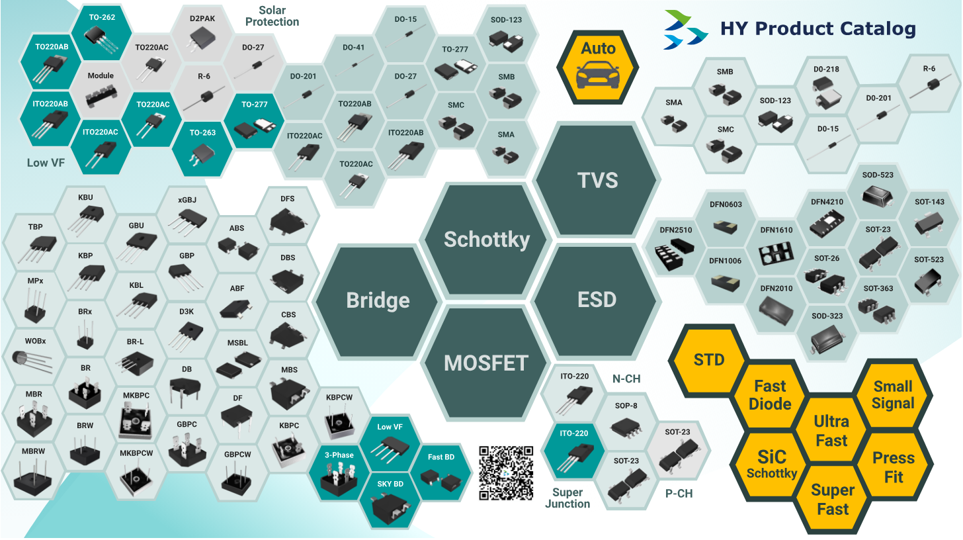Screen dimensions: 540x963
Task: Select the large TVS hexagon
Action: point(597,180)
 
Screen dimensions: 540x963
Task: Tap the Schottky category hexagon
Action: point(487,239)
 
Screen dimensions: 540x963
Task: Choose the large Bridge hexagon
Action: point(378,300)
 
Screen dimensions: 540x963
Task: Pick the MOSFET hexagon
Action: point(487,363)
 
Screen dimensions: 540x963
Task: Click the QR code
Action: point(506,472)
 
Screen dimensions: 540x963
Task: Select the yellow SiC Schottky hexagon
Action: point(771,463)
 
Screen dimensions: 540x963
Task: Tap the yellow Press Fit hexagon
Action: point(893,467)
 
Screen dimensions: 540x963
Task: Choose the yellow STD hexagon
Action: point(709,360)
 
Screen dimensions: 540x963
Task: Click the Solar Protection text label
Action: point(272,17)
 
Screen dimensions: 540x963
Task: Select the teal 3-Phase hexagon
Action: point(339,471)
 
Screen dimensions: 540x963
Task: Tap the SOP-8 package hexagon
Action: point(626,420)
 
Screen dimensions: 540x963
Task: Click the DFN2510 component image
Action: point(675,259)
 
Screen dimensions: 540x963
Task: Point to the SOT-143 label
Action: point(929,202)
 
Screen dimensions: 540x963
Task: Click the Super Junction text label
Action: point(567,498)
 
